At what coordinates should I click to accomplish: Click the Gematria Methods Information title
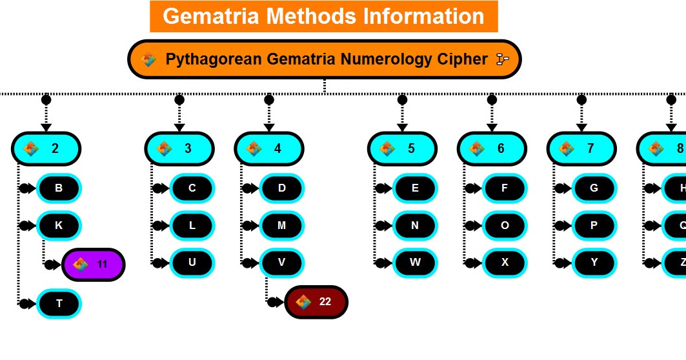pyautogui.click(x=323, y=16)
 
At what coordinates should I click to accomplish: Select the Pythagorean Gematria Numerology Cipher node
pyautogui.click(x=324, y=59)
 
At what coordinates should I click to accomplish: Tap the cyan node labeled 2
pyautogui.click(x=46, y=148)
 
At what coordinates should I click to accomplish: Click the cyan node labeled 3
pyautogui.click(x=179, y=148)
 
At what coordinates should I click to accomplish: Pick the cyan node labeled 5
pyautogui.click(x=402, y=148)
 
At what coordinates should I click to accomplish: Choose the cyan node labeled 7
pyautogui.click(x=581, y=148)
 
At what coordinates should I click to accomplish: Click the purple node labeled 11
pyautogui.click(x=93, y=265)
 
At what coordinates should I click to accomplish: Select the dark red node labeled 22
pyautogui.click(x=316, y=302)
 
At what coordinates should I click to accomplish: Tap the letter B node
pyautogui.click(x=59, y=188)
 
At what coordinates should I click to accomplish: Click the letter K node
pyautogui.click(x=59, y=226)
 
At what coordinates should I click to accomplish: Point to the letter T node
pyautogui.click(x=59, y=303)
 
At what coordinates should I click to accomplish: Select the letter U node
pyautogui.click(x=192, y=263)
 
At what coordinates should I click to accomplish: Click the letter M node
pyautogui.click(x=282, y=226)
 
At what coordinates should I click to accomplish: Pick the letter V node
pyautogui.click(x=282, y=263)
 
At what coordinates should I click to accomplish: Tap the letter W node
pyautogui.click(x=415, y=263)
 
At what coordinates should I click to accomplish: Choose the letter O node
pyautogui.click(x=505, y=226)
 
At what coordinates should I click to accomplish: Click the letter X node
pyautogui.click(x=505, y=263)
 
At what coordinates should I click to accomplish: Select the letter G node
pyautogui.click(x=594, y=188)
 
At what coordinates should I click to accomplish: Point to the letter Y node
pyautogui.click(x=594, y=263)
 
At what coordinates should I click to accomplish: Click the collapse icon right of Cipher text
pyautogui.click(x=502, y=59)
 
